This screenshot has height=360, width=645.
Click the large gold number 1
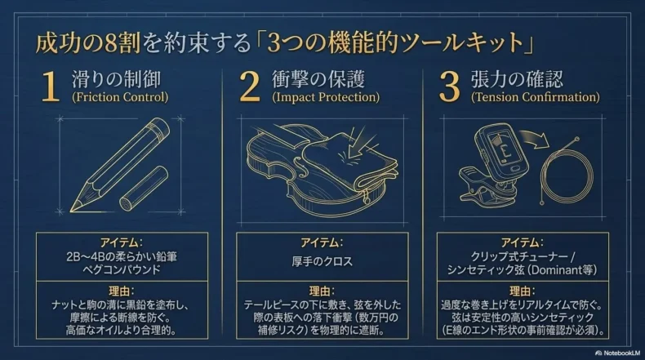50,86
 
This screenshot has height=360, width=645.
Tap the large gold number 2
250,86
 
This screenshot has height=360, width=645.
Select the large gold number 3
449,87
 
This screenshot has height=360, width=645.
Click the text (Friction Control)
120,97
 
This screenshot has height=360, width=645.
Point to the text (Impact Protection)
326,97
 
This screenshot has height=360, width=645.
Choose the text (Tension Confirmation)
535,97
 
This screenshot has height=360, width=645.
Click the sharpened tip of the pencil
72,211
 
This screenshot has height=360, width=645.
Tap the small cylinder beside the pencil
144,189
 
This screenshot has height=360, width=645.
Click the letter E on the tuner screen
505,151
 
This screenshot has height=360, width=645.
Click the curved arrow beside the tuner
535,139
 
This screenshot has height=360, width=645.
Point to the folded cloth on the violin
349,161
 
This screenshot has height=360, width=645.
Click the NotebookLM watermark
617,353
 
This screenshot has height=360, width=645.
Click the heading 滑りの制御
117,79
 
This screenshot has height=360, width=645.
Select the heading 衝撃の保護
318,79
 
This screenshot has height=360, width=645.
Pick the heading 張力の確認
517,79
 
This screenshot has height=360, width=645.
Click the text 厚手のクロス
322,262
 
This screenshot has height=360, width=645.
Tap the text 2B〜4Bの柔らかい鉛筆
122,256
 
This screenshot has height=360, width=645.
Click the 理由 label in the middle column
322,291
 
